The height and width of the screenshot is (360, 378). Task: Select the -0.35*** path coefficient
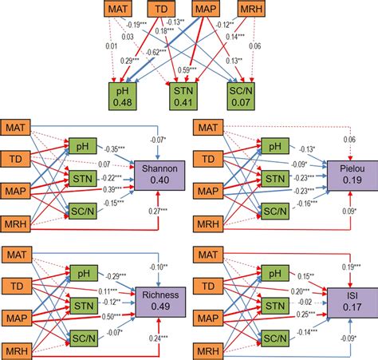pos(117,149)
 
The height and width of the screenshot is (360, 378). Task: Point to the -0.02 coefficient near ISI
pos(305,303)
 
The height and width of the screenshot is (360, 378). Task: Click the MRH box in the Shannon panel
pos(18,222)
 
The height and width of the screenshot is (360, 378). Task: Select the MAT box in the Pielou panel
pos(207,128)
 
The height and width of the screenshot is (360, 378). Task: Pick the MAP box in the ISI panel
pos(207,318)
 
